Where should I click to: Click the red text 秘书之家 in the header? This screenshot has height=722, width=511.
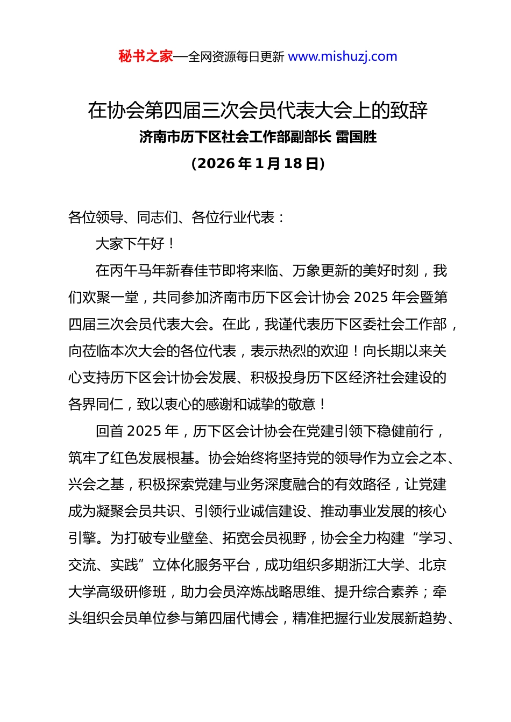pos(145,56)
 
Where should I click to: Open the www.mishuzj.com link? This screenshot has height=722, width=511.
pos(343,56)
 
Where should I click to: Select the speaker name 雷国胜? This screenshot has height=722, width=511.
pos(356,138)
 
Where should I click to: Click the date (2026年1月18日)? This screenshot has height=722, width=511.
pos(258,164)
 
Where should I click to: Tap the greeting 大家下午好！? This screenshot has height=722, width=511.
pos(135,244)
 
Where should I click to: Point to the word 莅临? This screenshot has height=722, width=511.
pos(96,351)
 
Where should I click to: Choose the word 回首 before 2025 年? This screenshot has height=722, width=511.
pos(109,431)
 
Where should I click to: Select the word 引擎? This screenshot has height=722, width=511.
pos(82,538)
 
